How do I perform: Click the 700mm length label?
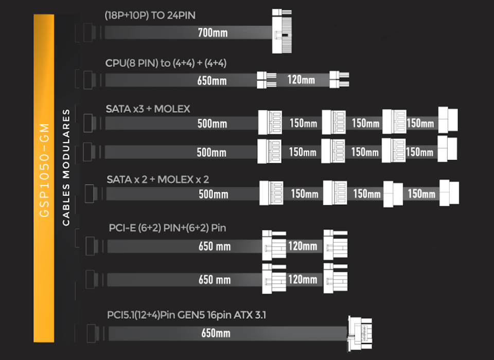pos(213,33)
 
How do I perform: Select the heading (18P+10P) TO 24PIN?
pos(151,15)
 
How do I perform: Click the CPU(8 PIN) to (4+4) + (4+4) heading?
pos(166,63)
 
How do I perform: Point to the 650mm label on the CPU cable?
pos(211,81)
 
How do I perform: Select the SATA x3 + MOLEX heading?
pos(148,109)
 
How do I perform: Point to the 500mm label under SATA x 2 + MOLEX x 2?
pos(213,194)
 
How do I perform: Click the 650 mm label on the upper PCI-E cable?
pos(215,246)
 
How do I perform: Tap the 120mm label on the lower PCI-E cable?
pos(303,279)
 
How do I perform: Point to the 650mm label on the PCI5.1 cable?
pos(216,333)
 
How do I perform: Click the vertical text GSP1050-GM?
pos(44,170)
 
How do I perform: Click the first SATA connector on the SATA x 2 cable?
pos(271,193)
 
